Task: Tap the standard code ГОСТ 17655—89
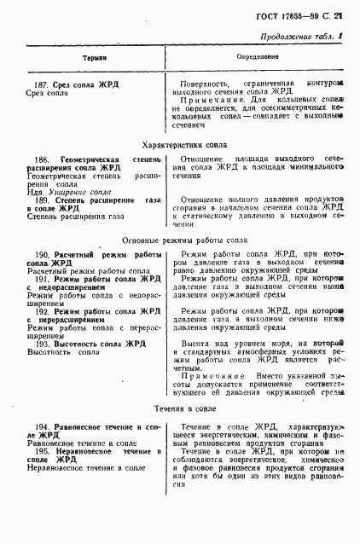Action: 301,16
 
